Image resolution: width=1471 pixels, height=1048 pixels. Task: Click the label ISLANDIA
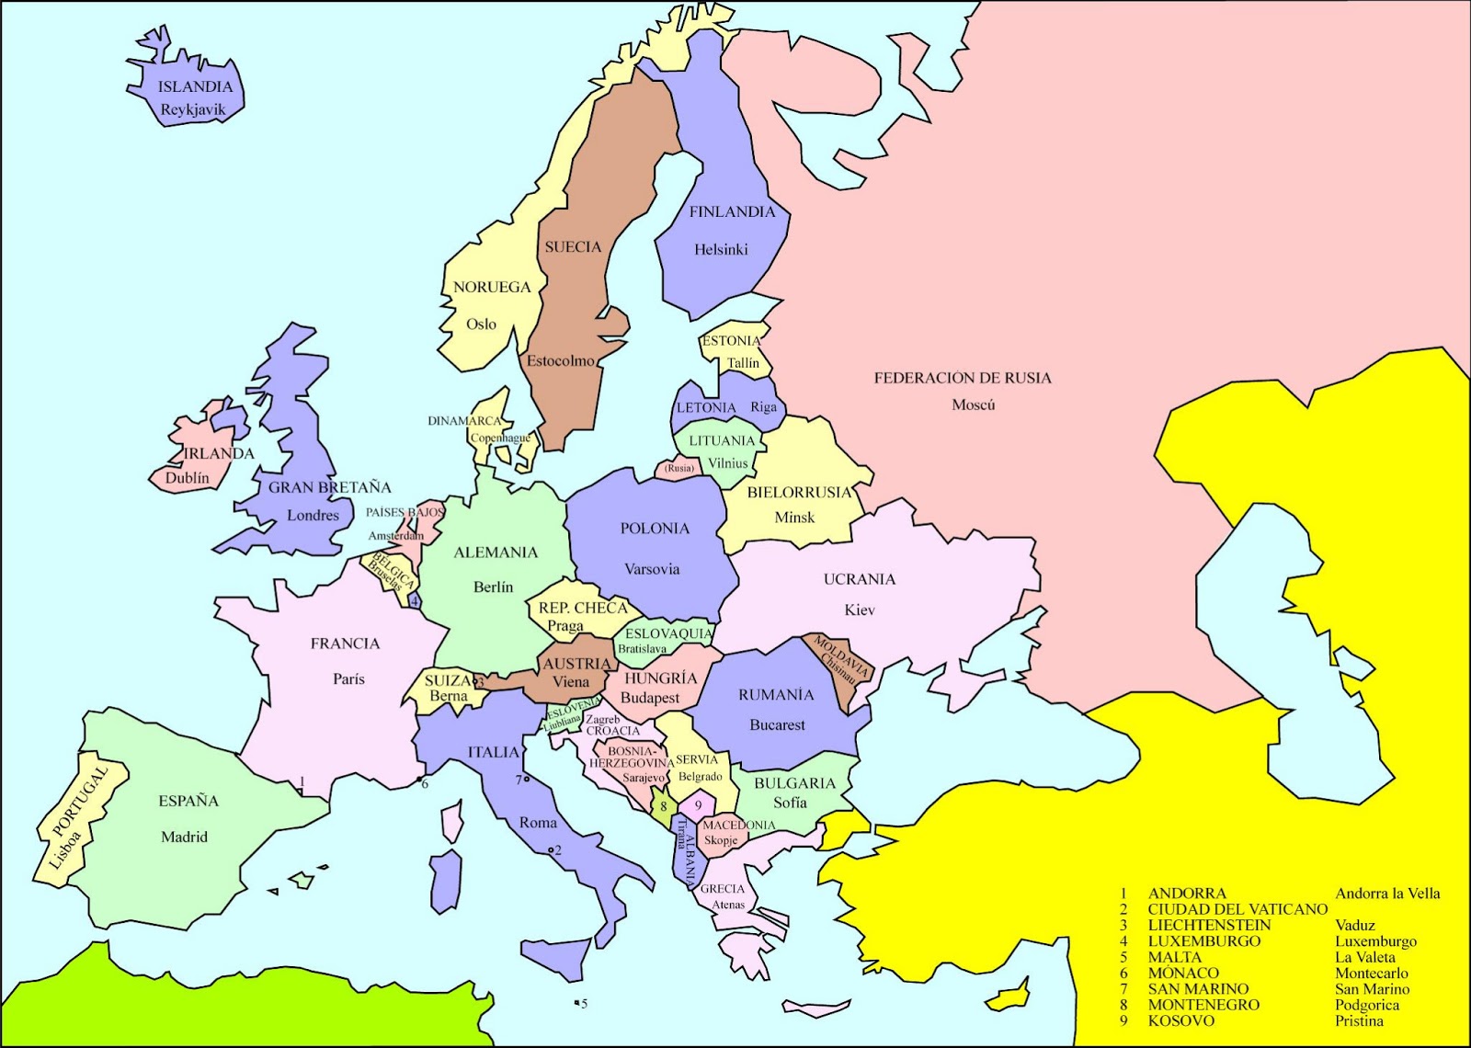point(195,87)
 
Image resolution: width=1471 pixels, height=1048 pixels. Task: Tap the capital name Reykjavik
point(192,109)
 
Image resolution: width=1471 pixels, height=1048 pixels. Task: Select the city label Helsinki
point(721,249)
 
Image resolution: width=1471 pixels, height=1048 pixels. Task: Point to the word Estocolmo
point(560,361)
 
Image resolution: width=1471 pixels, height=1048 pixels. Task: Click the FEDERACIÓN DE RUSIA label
point(962,378)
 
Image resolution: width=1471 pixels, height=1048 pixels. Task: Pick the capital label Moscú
point(973,404)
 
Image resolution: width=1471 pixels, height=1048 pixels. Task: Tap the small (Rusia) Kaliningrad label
point(679,468)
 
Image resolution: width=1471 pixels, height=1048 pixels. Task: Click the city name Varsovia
point(652,569)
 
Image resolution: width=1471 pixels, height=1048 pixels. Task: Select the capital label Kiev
point(860,609)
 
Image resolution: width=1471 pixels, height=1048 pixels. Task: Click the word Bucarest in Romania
point(777,724)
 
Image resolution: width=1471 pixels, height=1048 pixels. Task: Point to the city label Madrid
point(184,837)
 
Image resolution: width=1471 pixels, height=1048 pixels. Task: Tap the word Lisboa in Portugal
point(65,849)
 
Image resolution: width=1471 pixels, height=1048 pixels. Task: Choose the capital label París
point(348,678)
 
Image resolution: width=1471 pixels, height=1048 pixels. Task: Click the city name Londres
point(313,515)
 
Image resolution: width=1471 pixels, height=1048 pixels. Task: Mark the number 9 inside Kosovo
point(698,806)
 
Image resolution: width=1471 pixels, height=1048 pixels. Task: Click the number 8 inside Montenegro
point(663,807)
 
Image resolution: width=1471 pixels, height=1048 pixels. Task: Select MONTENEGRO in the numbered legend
point(1203,1005)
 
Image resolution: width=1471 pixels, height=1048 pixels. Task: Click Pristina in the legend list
point(1359,1020)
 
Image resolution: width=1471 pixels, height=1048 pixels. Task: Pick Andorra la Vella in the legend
point(1387,894)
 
